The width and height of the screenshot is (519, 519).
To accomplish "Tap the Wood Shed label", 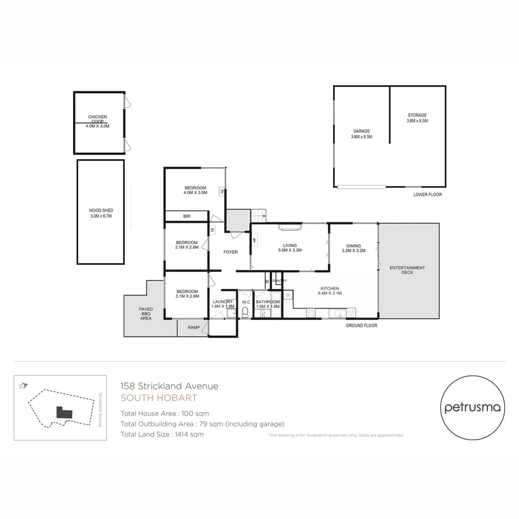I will (101, 210).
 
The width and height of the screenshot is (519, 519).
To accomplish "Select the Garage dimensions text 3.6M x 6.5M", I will (361, 137).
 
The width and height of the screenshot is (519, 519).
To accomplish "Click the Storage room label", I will (417, 115).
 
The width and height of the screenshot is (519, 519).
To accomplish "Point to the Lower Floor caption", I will (427, 195).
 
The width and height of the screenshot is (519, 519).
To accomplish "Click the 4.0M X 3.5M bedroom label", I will (195, 190).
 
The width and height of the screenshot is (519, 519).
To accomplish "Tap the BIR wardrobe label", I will (186, 216).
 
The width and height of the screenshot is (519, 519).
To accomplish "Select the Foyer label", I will (231, 252).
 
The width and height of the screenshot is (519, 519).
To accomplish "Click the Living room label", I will (290, 246).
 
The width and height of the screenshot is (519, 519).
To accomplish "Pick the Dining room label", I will (353, 246).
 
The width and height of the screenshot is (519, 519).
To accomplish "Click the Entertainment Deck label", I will (407, 270).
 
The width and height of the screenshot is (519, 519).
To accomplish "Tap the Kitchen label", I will (330, 289).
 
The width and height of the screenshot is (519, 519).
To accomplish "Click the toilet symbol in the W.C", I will (245, 312).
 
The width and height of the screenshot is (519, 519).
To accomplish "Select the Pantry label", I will (280, 281).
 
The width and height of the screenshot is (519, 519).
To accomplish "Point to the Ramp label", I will (194, 327).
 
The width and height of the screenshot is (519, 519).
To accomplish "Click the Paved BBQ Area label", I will (146, 313).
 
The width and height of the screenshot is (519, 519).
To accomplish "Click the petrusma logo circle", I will (473, 408).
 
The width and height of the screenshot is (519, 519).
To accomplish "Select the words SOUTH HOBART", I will (159, 398).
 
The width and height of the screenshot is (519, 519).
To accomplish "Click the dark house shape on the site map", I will (64, 412).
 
